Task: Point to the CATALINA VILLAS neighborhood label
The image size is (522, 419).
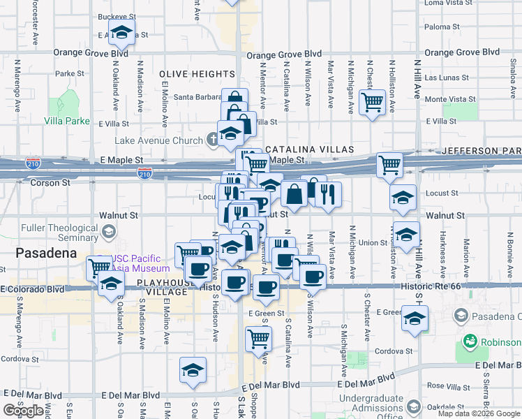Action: coord(309,149)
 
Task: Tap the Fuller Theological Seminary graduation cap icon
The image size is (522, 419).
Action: coord(107,231)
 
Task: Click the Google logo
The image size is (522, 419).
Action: coord(23,411)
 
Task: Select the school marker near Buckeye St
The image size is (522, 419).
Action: coord(122,32)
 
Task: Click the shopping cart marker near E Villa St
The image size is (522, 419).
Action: coord(373,102)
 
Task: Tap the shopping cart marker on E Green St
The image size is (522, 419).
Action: coord(258,339)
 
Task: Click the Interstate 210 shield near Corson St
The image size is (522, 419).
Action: coord(145,172)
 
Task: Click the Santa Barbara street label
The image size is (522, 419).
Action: coord(197,97)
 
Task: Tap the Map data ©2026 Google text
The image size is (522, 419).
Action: coord(478,413)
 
